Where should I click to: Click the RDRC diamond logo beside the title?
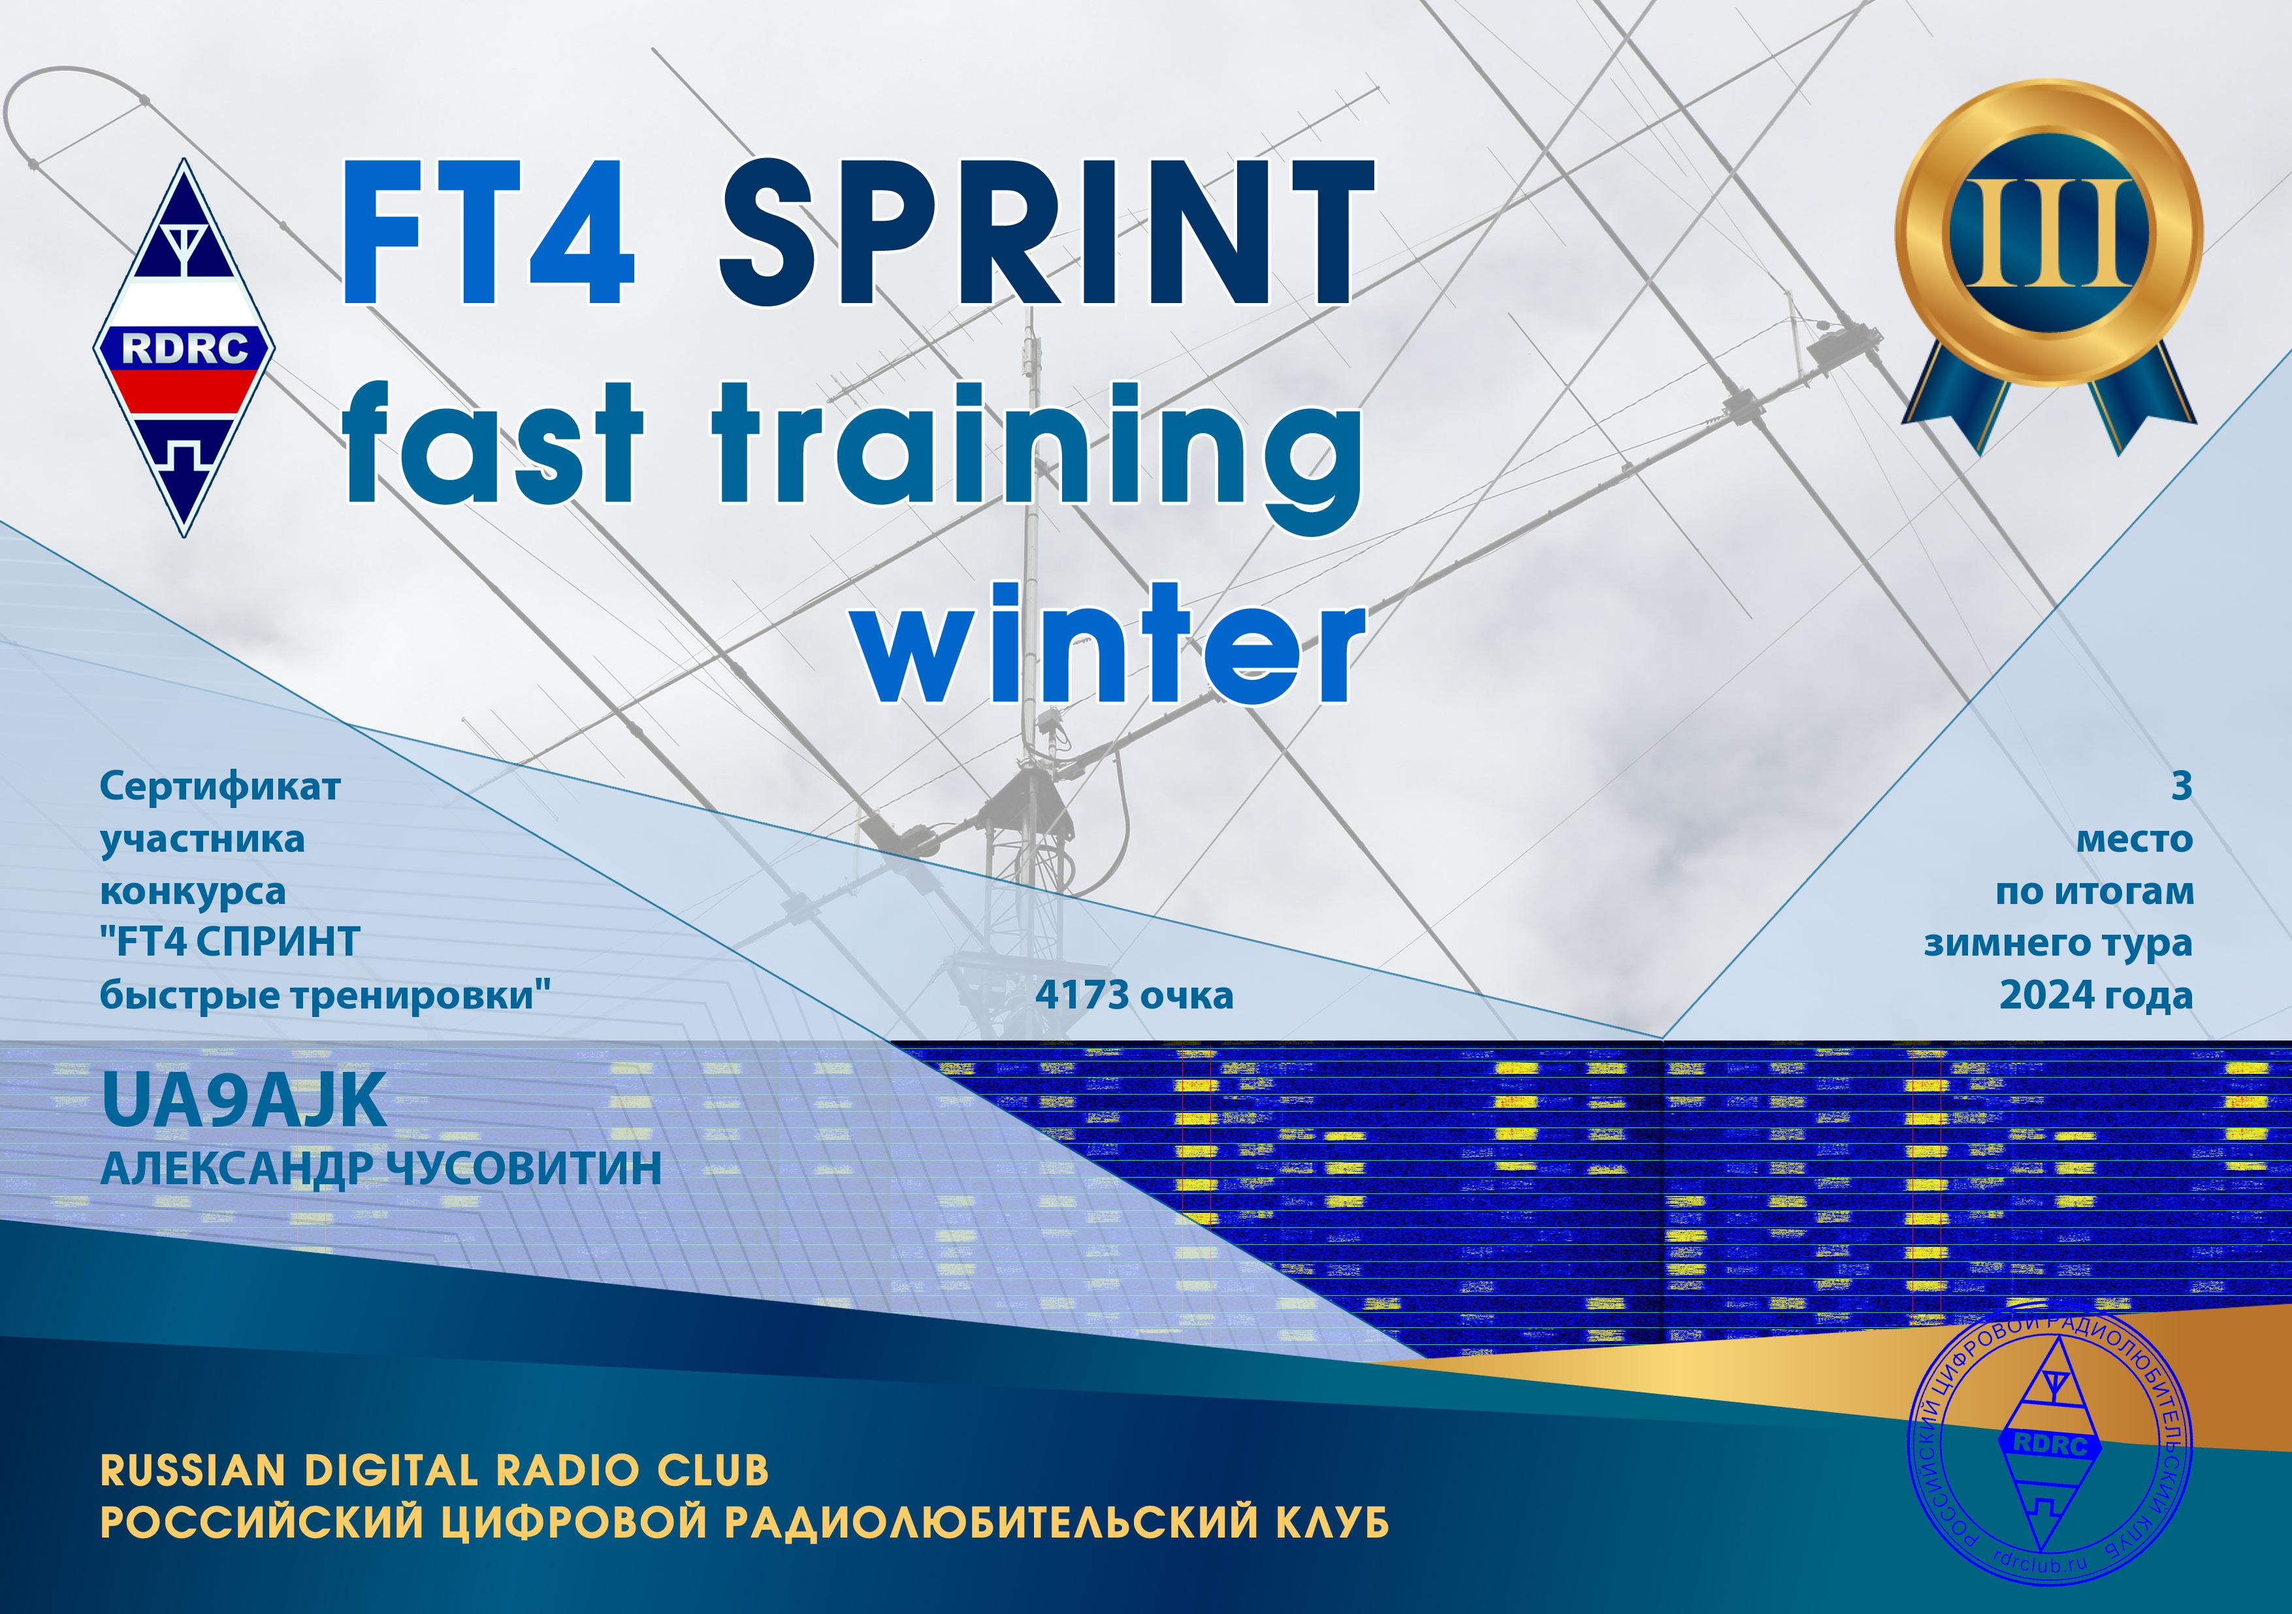tap(185, 347)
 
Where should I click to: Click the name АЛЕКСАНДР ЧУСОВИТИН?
tap(381, 1169)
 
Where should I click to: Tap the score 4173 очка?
tap(1134, 995)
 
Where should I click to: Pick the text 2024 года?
tap(2095, 995)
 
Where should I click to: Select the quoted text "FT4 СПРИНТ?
tap(230, 943)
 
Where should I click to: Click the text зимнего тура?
tap(2058, 943)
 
